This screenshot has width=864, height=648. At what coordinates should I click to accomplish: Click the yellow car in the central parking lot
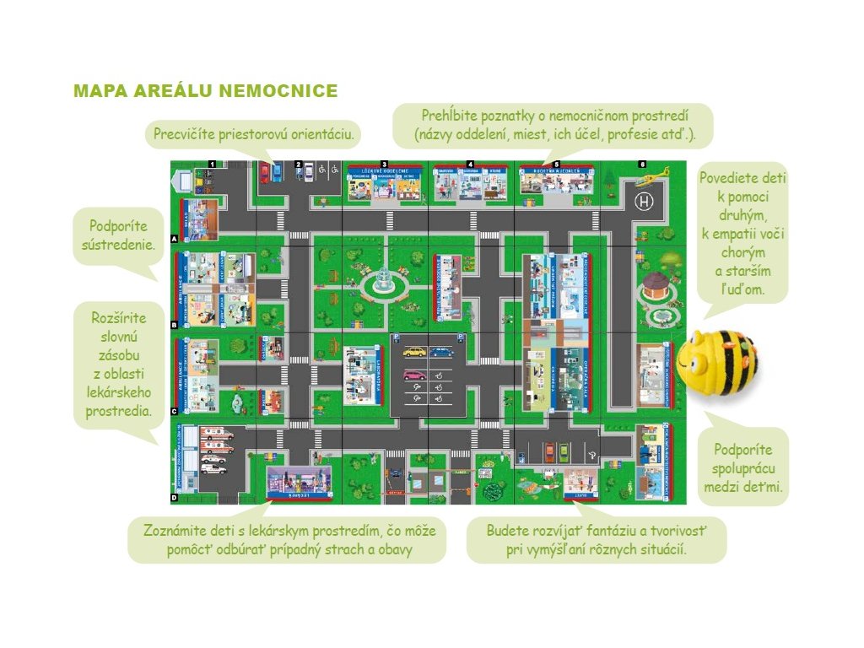414,352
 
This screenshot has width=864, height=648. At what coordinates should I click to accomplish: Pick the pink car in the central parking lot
414,375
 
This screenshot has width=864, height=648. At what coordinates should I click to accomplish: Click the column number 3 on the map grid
384,164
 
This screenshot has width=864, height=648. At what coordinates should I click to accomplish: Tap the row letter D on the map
174,498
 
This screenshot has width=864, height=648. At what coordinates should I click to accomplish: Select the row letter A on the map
174,239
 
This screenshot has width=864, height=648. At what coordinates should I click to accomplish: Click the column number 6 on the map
642,164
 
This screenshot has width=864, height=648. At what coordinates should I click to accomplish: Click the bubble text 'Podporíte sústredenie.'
118,236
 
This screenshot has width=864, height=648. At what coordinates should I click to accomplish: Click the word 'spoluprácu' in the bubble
744,467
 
